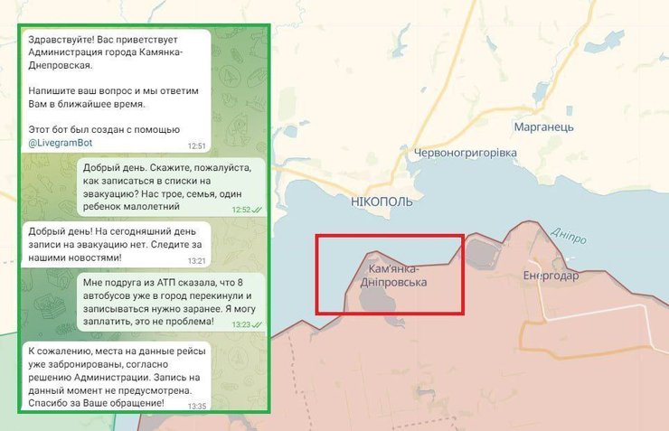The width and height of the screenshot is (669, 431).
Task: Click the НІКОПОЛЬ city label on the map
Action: pos(382,202)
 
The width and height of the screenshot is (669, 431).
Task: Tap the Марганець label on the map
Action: pos(543,127)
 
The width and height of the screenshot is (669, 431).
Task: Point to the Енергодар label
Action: pos(551,276)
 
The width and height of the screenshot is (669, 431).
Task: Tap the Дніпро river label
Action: pos(568,236)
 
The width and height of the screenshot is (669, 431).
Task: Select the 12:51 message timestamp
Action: pos(196,145)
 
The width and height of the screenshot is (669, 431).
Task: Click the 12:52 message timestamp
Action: pos(240,210)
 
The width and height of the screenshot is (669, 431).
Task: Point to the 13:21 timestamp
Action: pos(196,260)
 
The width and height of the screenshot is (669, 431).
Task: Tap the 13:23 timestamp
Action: pos(240,324)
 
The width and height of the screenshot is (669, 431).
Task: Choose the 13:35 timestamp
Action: pos(196,406)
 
